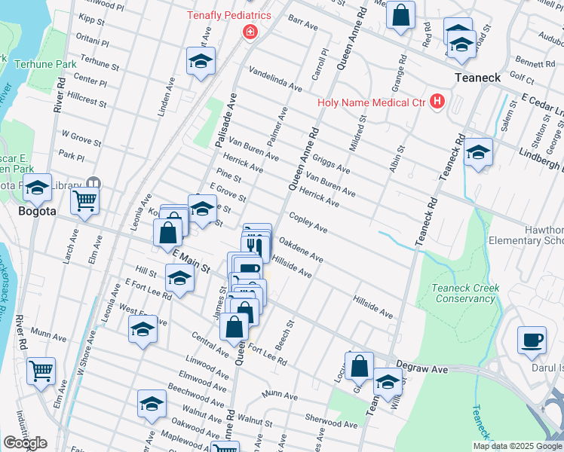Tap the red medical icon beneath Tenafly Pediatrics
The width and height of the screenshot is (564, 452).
[249, 32]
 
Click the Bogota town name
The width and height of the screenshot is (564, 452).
[36, 212]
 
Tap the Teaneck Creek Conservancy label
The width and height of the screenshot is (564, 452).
[463, 293]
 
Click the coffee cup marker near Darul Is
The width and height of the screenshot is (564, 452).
[532, 340]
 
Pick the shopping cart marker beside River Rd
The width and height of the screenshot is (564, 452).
[41, 370]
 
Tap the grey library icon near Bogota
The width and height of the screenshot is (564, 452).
[93, 183]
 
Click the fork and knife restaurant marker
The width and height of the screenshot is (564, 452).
[256, 245]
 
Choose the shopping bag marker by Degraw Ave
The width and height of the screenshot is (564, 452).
[360, 365]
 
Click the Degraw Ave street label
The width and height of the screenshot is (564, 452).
[429, 370]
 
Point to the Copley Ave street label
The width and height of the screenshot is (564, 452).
[308, 222]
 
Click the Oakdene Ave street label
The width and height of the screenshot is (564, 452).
[301, 250]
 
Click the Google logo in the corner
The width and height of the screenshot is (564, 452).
[25, 442]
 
